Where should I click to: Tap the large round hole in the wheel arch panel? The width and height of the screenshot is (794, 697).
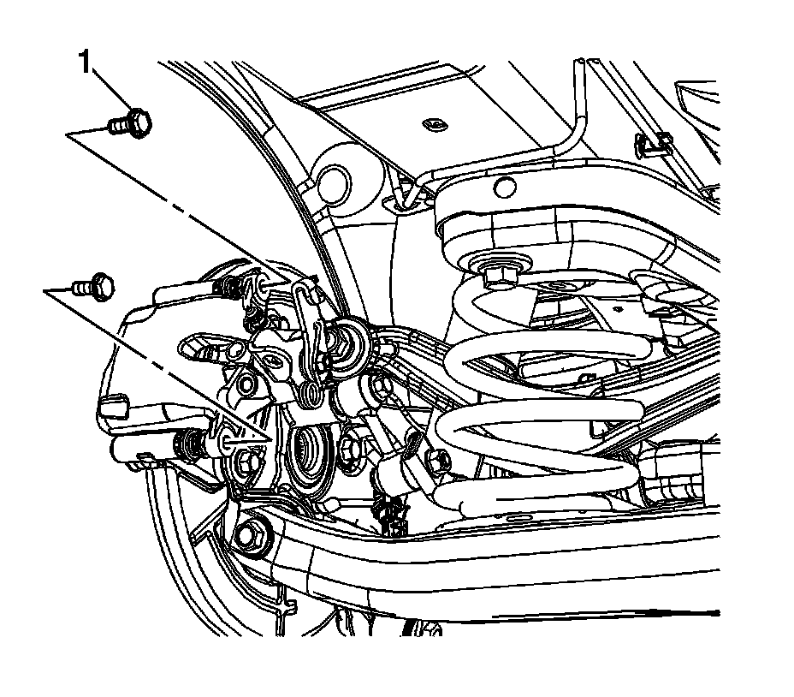[x=333, y=181]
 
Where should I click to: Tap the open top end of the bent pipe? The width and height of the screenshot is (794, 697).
[x=581, y=62]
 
